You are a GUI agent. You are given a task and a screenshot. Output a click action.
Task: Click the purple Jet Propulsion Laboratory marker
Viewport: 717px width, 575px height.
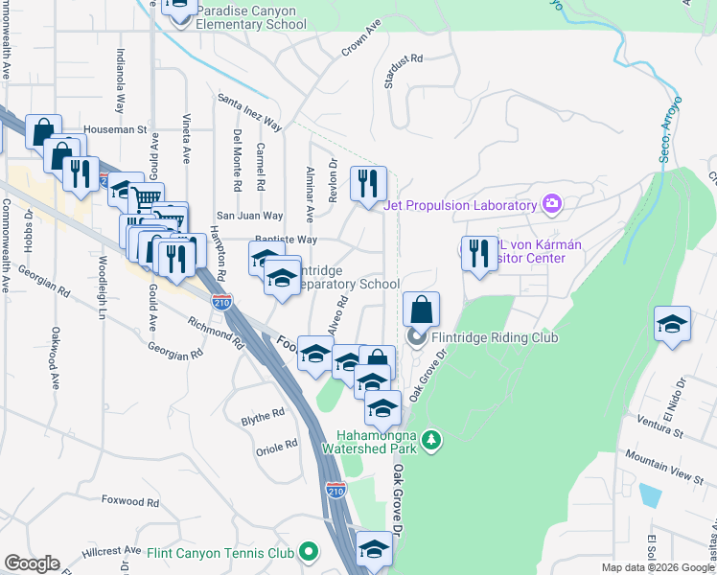point(551,204)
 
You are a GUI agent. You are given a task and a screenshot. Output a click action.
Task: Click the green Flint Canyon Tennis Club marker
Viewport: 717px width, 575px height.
point(308,552)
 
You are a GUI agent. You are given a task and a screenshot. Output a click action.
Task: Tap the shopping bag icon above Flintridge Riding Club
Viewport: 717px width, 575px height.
point(421,310)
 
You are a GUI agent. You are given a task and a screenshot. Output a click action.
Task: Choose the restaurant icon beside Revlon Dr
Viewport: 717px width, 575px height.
point(368,183)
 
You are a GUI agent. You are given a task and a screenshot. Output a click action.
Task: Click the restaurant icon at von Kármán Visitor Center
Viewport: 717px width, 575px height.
point(479,254)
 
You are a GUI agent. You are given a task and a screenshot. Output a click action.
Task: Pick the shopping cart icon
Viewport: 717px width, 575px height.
point(146,199)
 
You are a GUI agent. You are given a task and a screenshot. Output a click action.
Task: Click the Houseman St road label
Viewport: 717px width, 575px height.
point(114,128)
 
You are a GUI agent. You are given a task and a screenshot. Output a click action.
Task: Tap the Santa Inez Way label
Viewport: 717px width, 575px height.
point(249,112)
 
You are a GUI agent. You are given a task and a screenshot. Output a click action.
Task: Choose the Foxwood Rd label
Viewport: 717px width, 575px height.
point(127,500)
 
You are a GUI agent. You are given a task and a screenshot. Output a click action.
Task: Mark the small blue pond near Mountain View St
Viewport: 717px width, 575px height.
point(649,494)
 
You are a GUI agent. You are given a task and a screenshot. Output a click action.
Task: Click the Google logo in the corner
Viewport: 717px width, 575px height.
point(32,563)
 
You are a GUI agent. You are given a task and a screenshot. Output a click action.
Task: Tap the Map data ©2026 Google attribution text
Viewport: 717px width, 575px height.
point(659,567)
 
